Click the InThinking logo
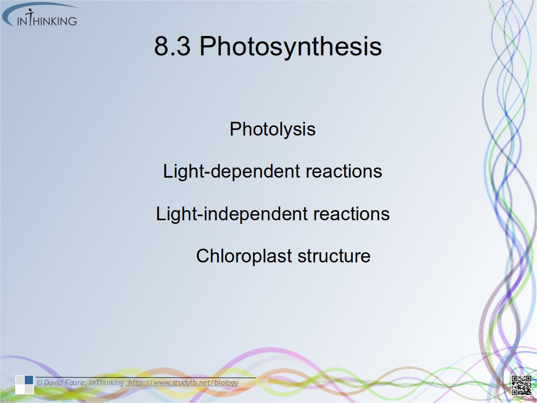[x=40, y=15]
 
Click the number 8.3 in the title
[x=172, y=46]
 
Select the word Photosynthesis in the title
[x=290, y=46]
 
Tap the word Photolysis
[x=273, y=129]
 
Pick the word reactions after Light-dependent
[x=344, y=171]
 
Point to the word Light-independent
[x=231, y=214]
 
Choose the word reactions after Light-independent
[x=351, y=214]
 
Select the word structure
[x=334, y=256]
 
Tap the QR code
[x=521, y=385]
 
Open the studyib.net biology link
[x=183, y=383]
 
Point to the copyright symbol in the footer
[x=40, y=383]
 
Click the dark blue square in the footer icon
[x=29, y=380]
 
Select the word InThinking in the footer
[x=106, y=383]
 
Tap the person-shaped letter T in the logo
[x=30, y=17]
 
